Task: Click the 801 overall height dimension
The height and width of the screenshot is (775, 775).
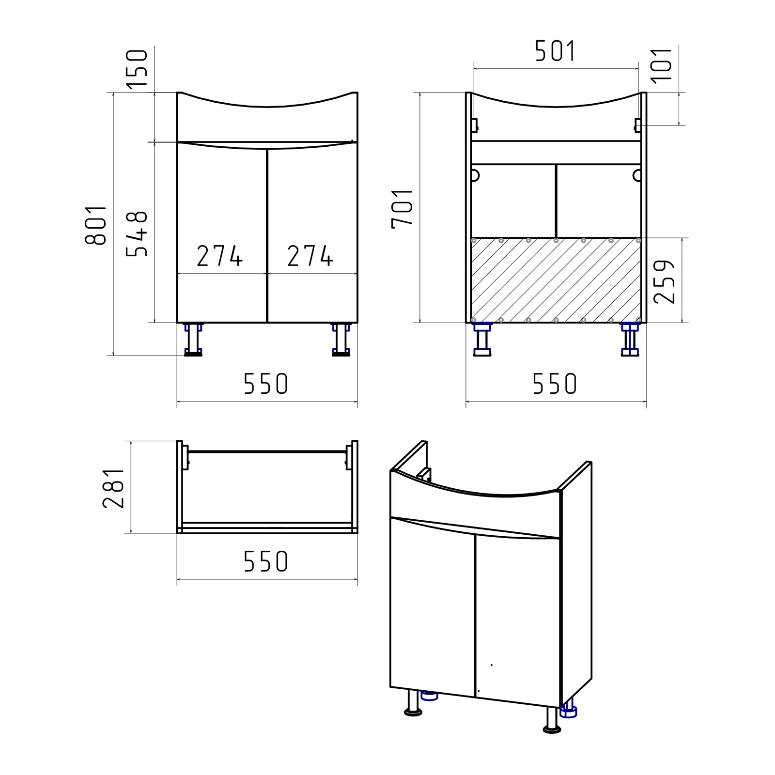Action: tap(96, 225)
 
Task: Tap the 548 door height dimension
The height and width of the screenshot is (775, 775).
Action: tap(137, 234)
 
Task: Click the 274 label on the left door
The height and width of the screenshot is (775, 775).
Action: tap(219, 256)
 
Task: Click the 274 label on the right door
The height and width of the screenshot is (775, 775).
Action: tap(310, 256)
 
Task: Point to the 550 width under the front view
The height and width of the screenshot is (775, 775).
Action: tap(266, 384)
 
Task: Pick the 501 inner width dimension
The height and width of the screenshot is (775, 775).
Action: tap(555, 51)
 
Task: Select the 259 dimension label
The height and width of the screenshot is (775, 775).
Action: tap(664, 282)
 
